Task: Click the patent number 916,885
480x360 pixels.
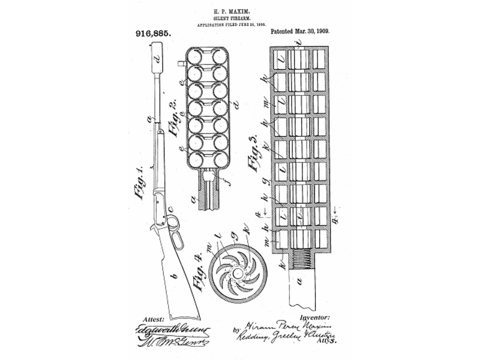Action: click(146, 35)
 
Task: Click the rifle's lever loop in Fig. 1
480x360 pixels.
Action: click(159, 231)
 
